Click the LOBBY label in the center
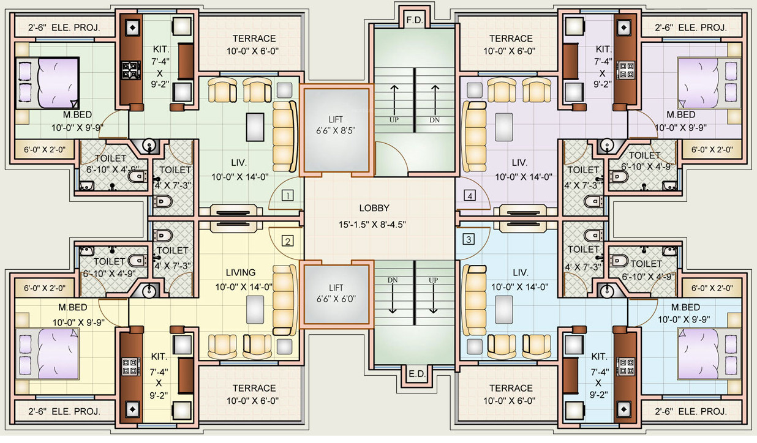pyautogui.click(x=374, y=208)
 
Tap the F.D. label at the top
pyautogui.click(x=415, y=20)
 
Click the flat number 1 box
pyautogui.click(x=287, y=196)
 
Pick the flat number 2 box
pyautogui.click(x=287, y=240)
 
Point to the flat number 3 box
pyautogui.click(x=469, y=239)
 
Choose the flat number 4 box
pyautogui.click(x=469, y=196)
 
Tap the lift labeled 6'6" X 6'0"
pyautogui.click(x=336, y=294)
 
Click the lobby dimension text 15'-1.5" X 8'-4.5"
pyautogui.click(x=374, y=224)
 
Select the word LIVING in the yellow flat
pyautogui.click(x=240, y=272)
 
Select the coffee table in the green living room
pyautogui.click(x=255, y=127)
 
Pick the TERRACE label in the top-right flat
pyautogui.click(x=511, y=38)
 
